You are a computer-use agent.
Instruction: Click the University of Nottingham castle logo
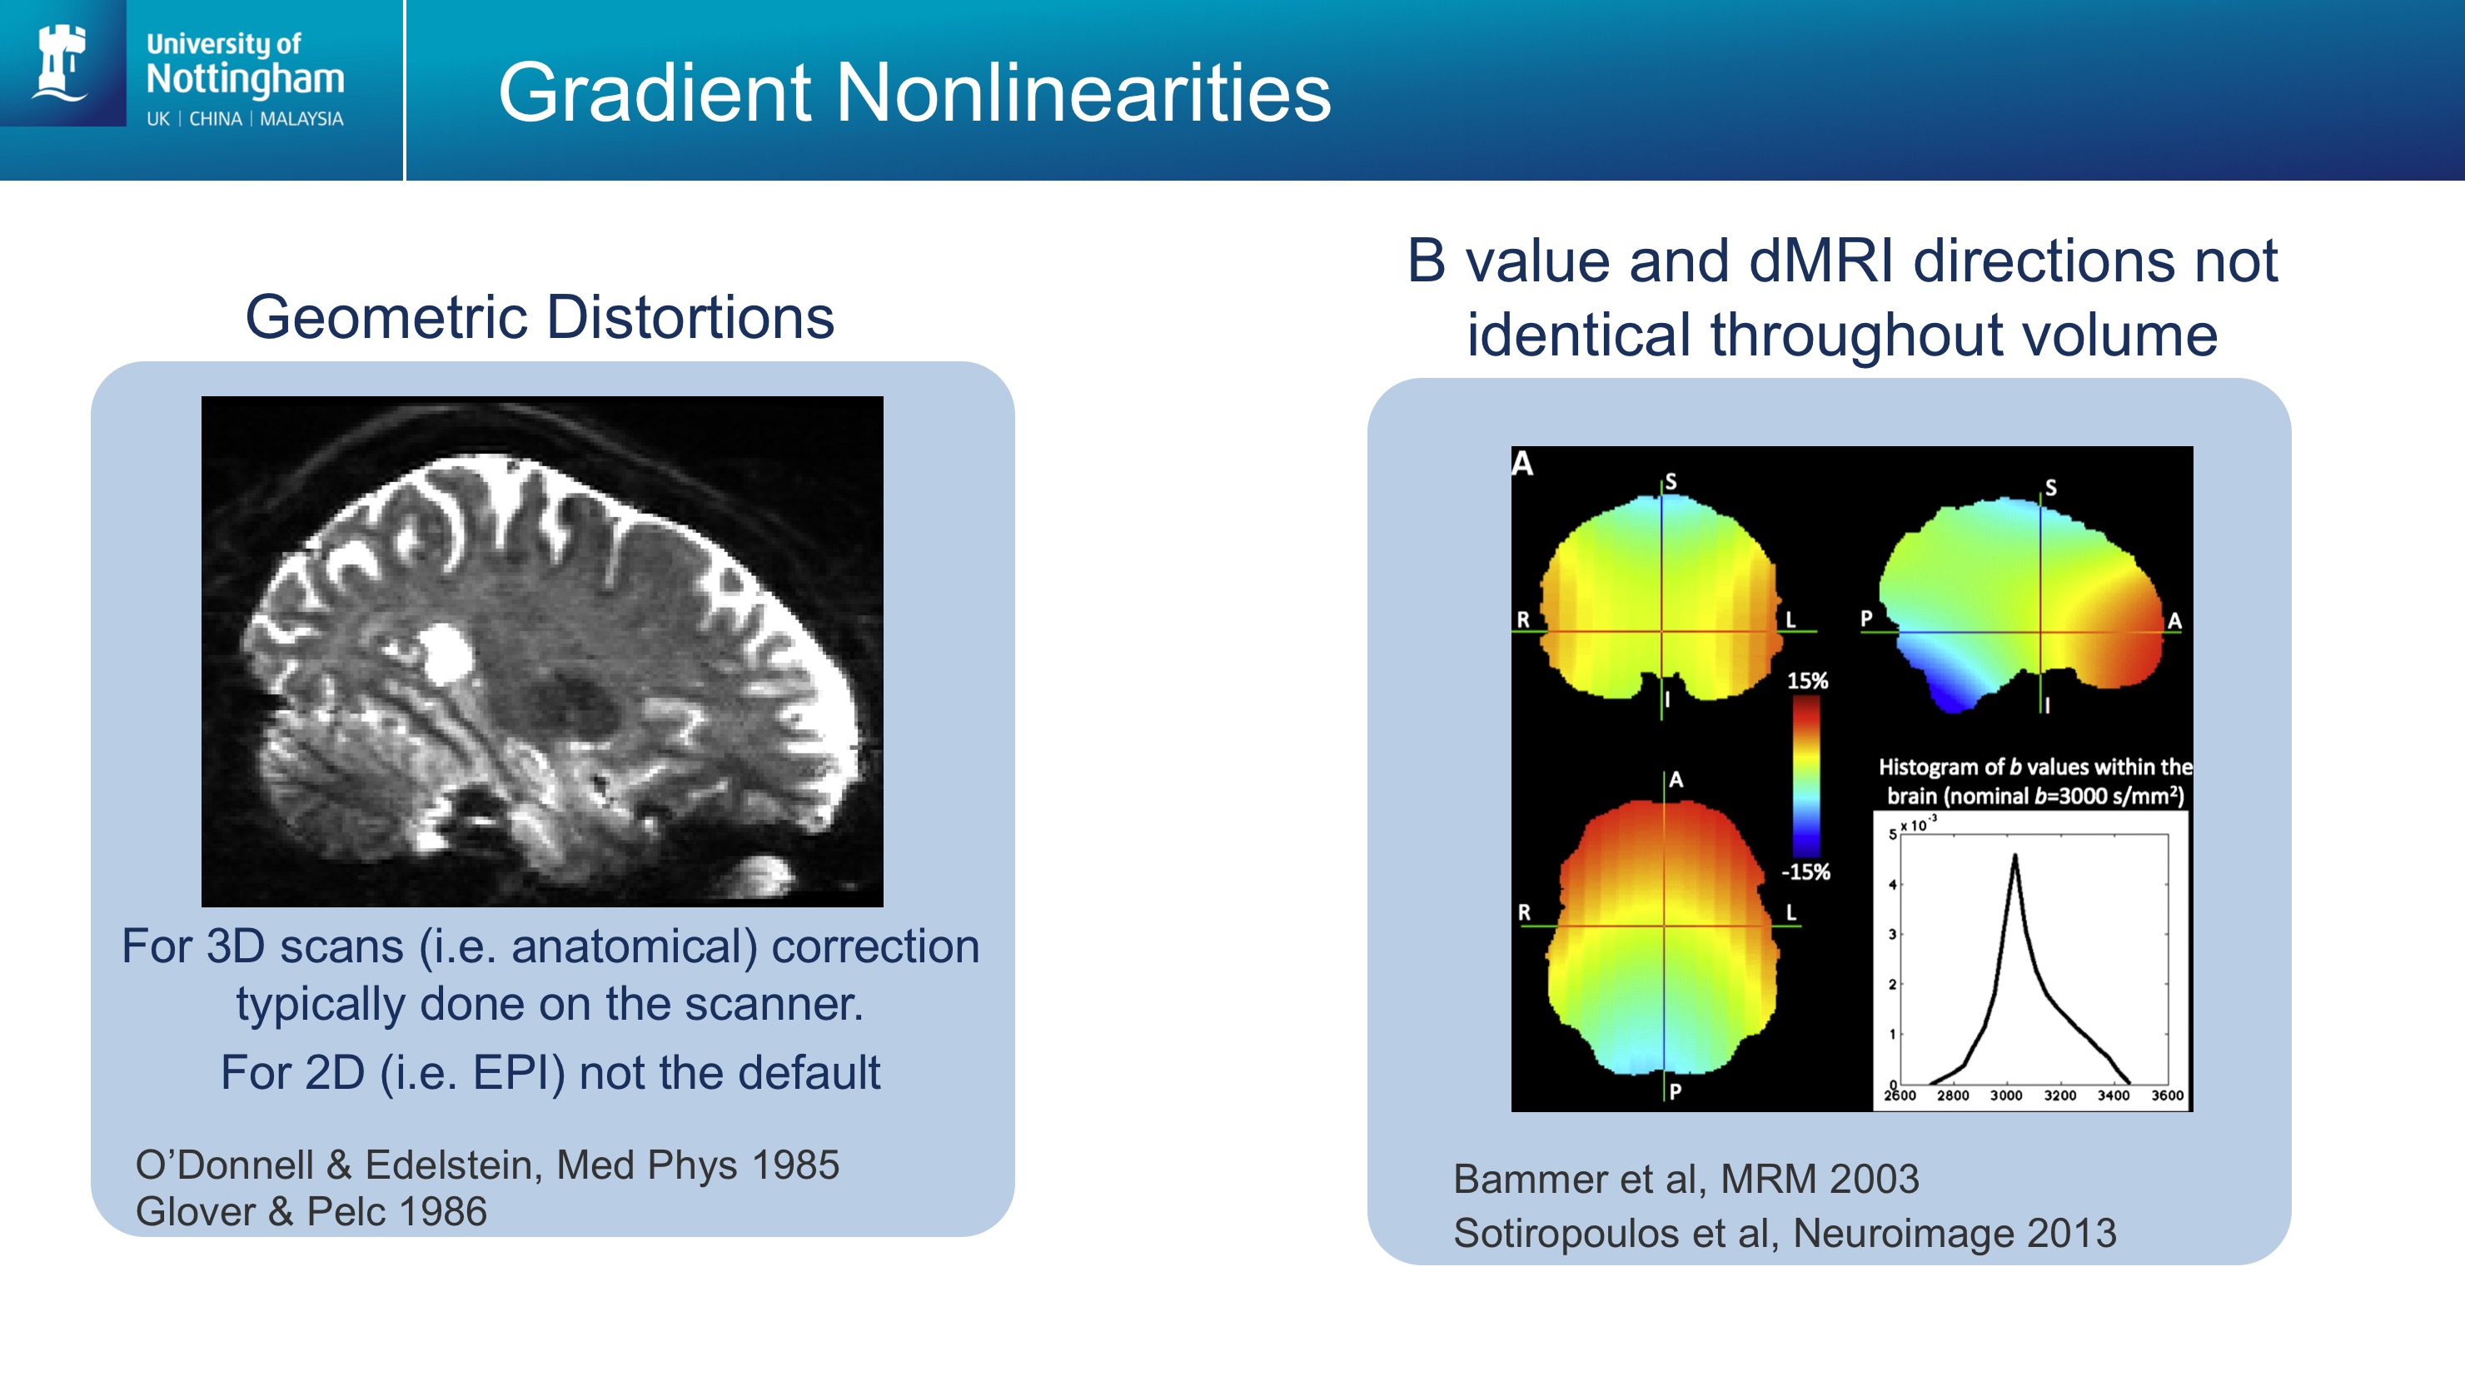[60, 62]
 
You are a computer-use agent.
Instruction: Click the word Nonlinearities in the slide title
[1084, 92]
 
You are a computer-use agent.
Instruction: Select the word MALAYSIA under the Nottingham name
[301, 118]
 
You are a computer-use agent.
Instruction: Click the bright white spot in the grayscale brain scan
[445, 653]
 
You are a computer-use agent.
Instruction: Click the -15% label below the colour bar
[1805, 872]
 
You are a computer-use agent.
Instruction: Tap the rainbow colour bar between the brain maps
[1805, 776]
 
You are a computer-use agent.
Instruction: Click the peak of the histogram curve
[2014, 856]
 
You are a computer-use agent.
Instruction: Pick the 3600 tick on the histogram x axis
[2168, 1095]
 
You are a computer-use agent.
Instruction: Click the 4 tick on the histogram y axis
[1892, 885]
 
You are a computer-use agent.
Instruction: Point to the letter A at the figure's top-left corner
[1522, 464]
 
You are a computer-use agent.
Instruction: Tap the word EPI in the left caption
[518, 1073]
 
